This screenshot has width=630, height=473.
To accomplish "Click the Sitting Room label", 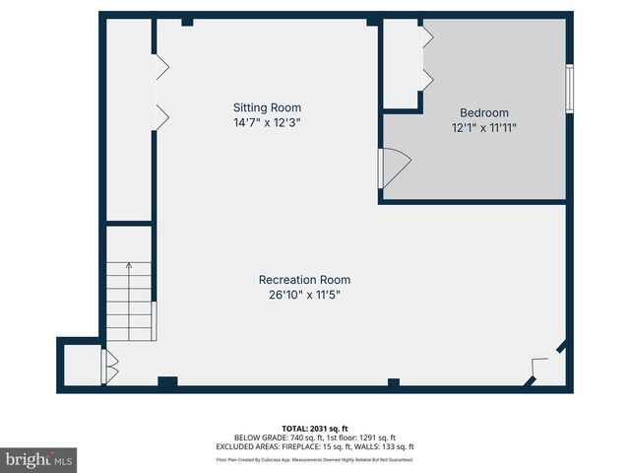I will point(267,107).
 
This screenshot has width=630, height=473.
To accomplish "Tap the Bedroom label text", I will point(484,113).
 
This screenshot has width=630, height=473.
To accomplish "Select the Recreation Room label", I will point(304,280).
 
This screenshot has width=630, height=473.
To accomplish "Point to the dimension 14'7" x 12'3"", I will point(266,123).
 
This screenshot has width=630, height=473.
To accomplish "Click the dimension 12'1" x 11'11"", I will point(484,128).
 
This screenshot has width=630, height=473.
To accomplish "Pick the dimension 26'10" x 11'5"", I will point(304,295).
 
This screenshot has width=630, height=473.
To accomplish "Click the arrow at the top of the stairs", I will point(129,266).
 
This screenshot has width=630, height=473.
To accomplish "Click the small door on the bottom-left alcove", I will point(109,367).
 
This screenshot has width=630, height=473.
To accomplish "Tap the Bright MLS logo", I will point(39,459).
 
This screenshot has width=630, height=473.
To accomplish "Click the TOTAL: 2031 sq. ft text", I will point(315,428).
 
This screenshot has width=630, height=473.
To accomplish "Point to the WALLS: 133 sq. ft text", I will point(390,447).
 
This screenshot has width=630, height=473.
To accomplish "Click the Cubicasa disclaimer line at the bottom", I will point(315,459).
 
